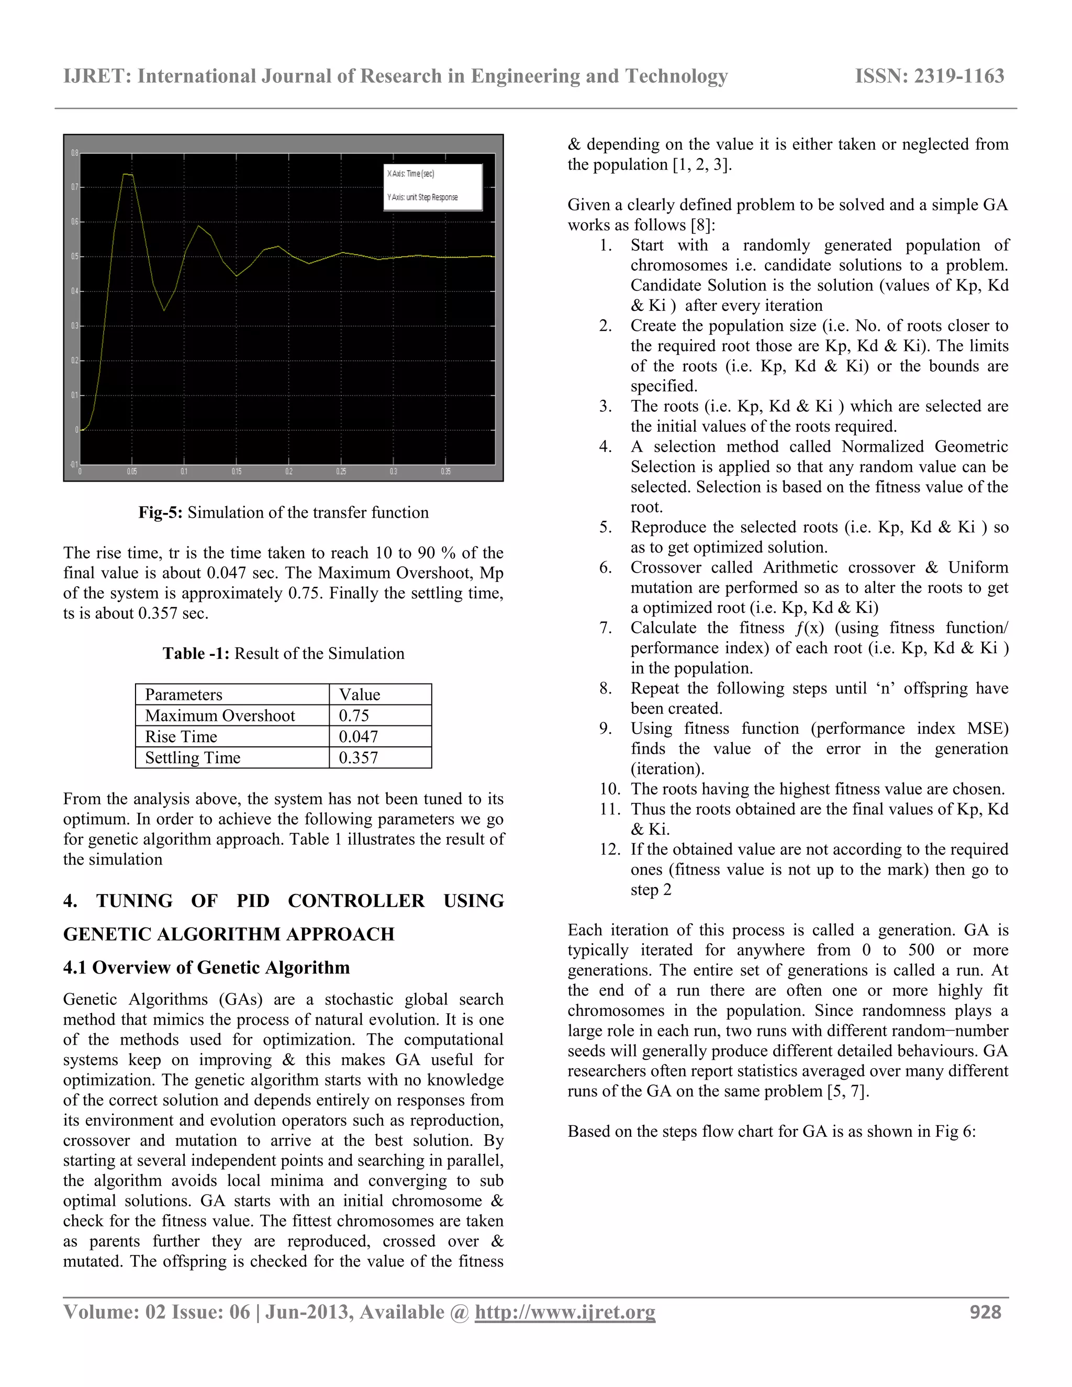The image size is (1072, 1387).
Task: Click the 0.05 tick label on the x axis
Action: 131,472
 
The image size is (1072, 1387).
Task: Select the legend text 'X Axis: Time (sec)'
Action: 411,173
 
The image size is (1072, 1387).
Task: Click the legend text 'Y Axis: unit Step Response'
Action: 422,197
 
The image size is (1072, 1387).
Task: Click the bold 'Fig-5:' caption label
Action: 161,512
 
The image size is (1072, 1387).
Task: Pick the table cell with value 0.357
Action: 358,758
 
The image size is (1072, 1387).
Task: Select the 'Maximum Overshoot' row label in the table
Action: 220,715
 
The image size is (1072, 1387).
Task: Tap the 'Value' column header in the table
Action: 360,695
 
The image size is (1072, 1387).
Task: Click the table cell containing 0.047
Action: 358,737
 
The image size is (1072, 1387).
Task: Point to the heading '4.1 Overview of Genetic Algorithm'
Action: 206,967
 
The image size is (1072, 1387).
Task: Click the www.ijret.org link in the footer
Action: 565,1312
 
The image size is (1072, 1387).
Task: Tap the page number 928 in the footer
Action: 985,1312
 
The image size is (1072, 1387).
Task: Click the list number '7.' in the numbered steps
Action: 605,628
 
